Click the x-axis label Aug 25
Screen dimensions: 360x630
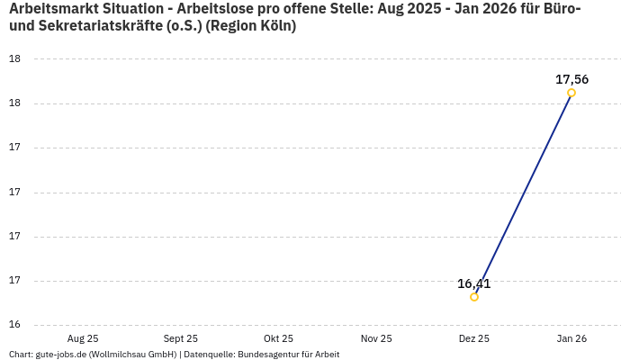point(83,338)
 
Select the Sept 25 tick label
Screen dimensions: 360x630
point(180,338)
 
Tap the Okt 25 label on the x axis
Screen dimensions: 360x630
point(278,338)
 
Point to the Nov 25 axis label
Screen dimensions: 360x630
point(376,338)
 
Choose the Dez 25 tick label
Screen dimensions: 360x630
point(474,338)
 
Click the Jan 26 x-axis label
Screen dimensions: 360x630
point(571,338)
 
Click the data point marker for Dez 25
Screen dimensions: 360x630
point(474,297)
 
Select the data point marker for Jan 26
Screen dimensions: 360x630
point(571,93)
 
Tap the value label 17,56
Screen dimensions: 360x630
point(571,79)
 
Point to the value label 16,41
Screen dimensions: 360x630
point(474,283)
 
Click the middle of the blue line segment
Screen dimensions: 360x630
point(523,194)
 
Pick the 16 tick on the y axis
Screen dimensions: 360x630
point(14,325)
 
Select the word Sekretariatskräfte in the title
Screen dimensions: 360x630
point(98,26)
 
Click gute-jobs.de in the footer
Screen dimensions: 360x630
point(60,354)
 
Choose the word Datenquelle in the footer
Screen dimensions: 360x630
point(208,354)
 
